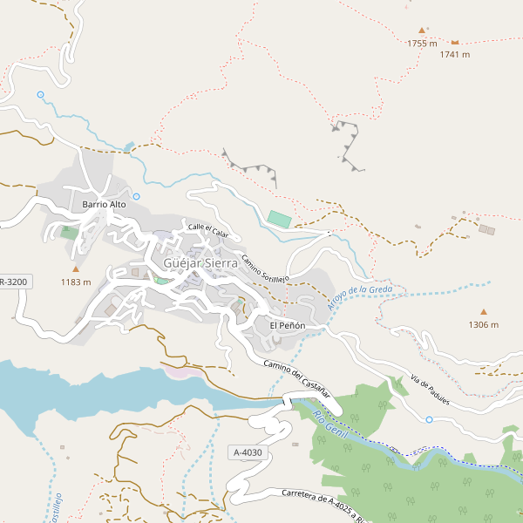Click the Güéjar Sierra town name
point(200,262)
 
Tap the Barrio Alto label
point(105,204)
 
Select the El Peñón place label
point(287,325)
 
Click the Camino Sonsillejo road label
point(265,268)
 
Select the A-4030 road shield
point(248,452)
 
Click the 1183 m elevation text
point(76,282)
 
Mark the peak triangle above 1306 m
point(484,311)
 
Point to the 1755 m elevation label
point(422,43)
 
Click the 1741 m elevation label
point(455,54)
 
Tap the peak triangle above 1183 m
point(76,268)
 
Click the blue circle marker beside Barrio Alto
point(137,196)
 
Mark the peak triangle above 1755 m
point(422,30)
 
